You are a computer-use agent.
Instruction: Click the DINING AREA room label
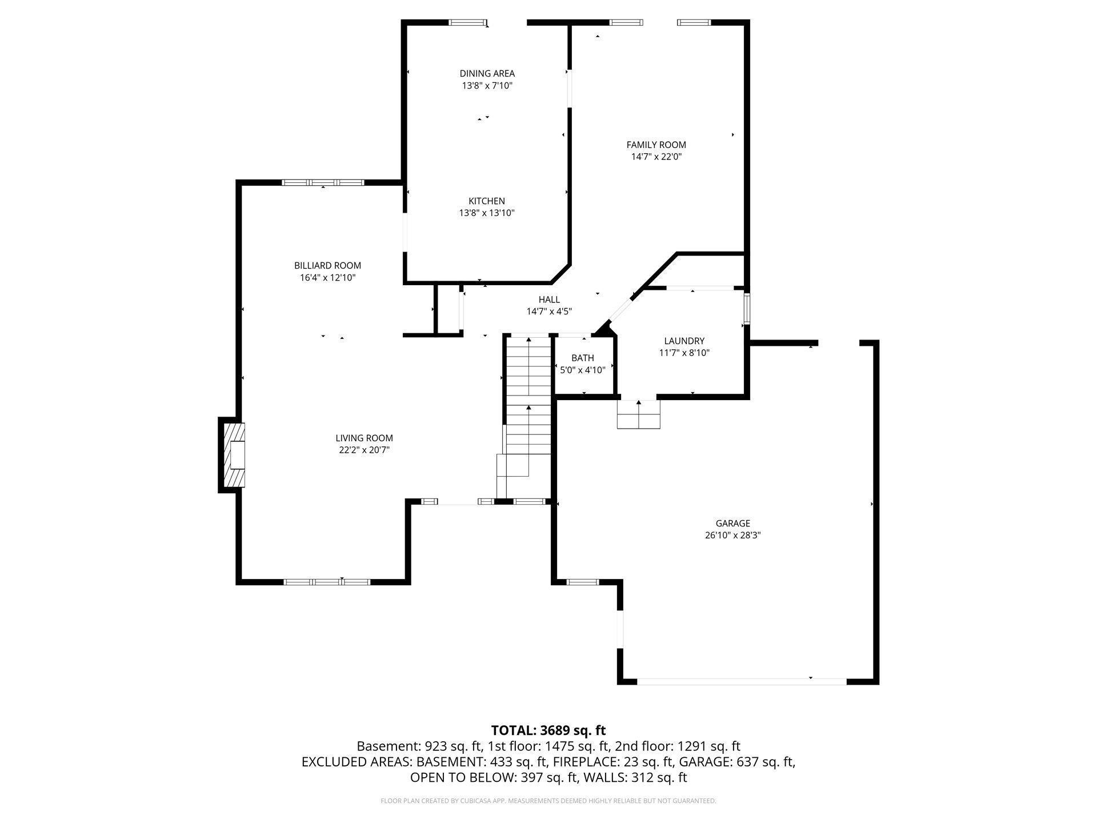[487, 73]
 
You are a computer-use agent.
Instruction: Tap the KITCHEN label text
[487, 201]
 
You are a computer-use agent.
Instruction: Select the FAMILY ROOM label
[656, 145]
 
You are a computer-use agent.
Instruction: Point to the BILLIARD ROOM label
[327, 265]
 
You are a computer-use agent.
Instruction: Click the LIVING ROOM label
[364, 438]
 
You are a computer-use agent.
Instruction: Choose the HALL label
[549, 299]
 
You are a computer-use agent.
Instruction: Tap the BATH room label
[582, 358]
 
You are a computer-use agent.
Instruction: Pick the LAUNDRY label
[684, 341]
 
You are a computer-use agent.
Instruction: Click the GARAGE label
[732, 523]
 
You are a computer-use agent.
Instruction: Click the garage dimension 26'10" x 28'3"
[732, 536]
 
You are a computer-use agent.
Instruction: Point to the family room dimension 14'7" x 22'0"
[656, 157]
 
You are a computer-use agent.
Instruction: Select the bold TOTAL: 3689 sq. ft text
[548, 730]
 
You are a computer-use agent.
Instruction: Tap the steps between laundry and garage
[638, 414]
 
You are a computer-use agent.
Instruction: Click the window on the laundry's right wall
[746, 309]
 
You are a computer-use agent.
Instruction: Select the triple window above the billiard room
[323, 183]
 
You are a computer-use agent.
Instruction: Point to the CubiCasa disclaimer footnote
[548, 801]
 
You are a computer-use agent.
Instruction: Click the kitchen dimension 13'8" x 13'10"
[487, 213]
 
